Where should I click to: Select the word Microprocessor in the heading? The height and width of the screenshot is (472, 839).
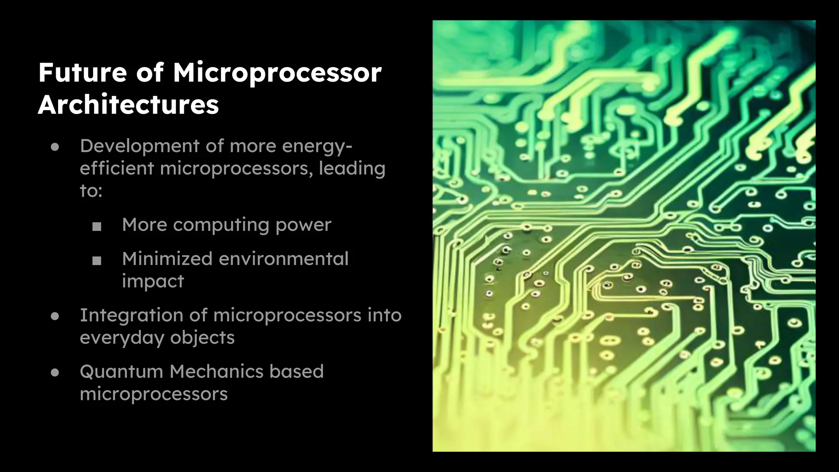point(277,73)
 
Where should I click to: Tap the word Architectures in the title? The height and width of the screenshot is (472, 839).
point(128,105)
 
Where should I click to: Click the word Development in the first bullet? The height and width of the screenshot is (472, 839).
point(140,146)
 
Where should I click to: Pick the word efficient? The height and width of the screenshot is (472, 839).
point(116,168)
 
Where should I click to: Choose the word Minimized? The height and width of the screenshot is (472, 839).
point(167,259)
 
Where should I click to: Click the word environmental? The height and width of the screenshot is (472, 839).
point(283,259)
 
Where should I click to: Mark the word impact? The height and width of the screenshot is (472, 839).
point(153,281)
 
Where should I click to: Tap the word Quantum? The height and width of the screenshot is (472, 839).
point(121,372)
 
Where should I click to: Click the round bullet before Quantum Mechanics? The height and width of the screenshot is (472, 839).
point(55,372)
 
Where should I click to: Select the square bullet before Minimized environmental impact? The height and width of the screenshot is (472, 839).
point(97,261)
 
